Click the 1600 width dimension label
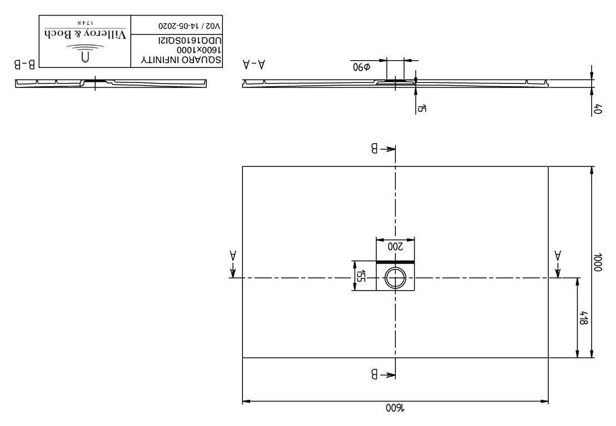click(x=395, y=408)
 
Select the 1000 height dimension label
click(x=598, y=262)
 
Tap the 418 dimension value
click(x=583, y=318)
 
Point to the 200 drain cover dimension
click(x=396, y=247)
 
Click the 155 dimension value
click(x=361, y=276)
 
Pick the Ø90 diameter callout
click(x=361, y=66)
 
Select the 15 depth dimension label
click(x=422, y=108)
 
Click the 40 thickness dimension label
click(x=598, y=109)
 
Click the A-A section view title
click(x=254, y=64)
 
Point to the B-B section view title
click(x=25, y=64)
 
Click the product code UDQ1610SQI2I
click(x=190, y=41)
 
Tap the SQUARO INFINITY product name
click(x=181, y=60)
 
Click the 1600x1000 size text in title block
click(x=199, y=50)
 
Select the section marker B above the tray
click(x=375, y=148)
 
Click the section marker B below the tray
click(x=375, y=374)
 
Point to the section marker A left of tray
click(x=233, y=256)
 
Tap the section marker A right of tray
click(x=558, y=256)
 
